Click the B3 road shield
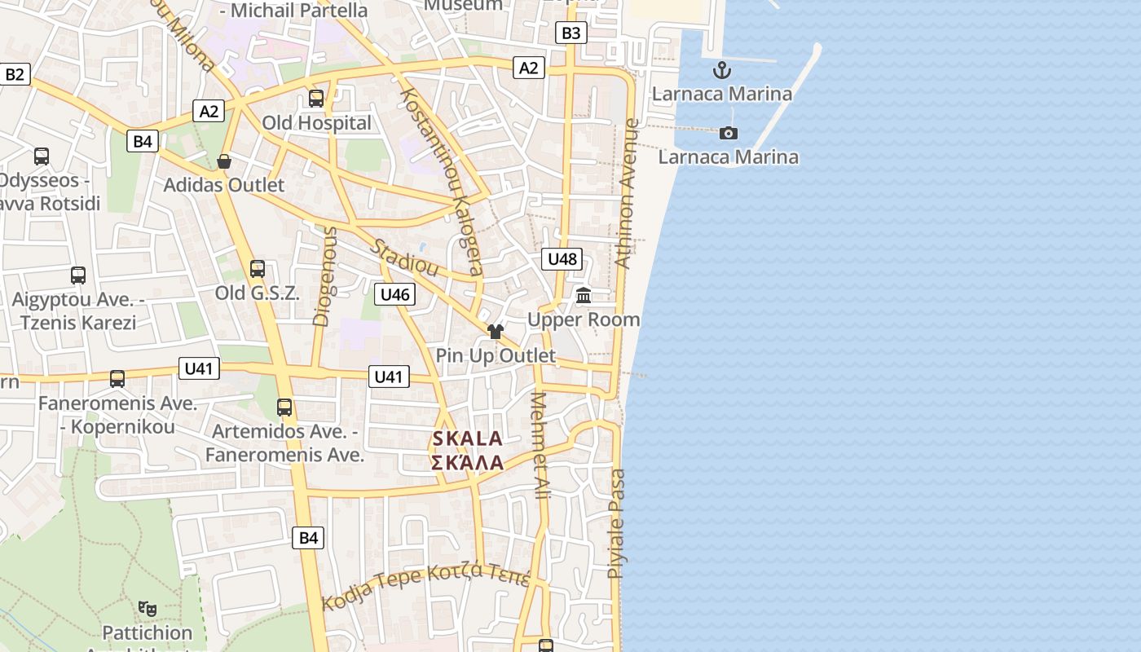(x=571, y=33)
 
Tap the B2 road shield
(x=15, y=75)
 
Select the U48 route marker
(x=562, y=259)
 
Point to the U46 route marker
(x=394, y=294)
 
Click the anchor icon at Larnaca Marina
(x=721, y=70)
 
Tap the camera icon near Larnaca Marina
(x=729, y=133)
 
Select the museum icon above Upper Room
(x=584, y=295)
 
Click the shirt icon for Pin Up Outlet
(x=496, y=331)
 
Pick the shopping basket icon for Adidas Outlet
(x=224, y=161)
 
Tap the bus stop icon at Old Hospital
(x=316, y=99)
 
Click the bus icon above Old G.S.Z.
(x=258, y=268)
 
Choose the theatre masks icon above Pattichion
(x=148, y=608)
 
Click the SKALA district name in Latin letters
(x=467, y=438)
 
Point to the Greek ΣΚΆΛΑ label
(x=467, y=463)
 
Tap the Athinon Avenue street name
(x=626, y=194)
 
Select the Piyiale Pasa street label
(x=617, y=523)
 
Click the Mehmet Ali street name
(x=540, y=445)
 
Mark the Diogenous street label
(x=324, y=277)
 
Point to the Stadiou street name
(x=405, y=258)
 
